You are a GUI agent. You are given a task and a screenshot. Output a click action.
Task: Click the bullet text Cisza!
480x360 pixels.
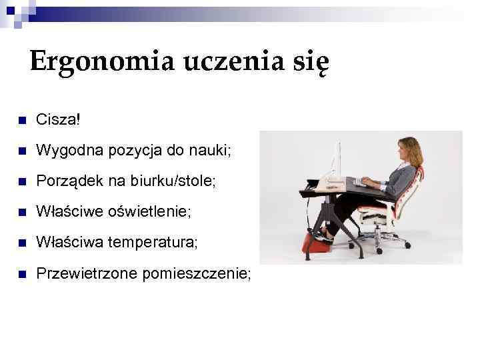point(58,121)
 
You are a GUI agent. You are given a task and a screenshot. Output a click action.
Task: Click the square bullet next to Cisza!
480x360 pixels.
point(21,121)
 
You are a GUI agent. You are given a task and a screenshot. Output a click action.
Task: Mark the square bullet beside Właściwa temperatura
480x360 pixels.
point(21,243)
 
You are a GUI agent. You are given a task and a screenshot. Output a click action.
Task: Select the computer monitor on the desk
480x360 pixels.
point(337,160)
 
